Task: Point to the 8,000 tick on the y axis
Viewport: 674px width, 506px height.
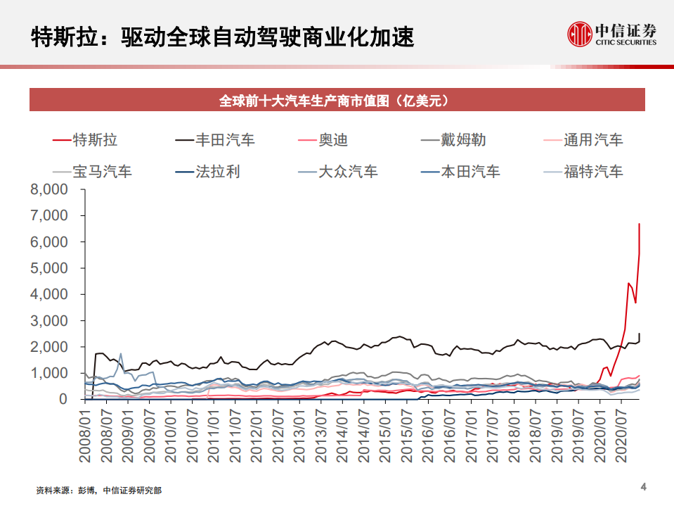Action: pos(48,189)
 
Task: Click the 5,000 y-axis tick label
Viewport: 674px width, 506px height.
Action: pos(48,268)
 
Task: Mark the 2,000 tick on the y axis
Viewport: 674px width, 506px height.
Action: pos(48,347)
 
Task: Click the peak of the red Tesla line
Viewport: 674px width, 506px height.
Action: pos(639,224)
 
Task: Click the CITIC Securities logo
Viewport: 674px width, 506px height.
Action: pos(611,33)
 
